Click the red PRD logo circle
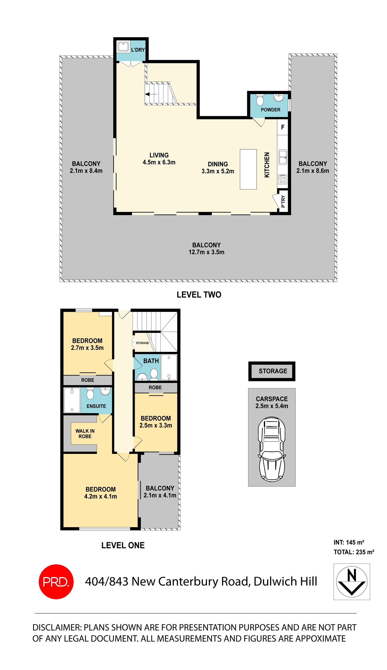coord(56,581)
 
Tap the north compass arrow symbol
coord(352,581)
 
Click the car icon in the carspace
coord(272,449)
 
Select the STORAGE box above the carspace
coord(272,371)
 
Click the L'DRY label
coord(138,50)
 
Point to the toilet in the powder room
coord(260,100)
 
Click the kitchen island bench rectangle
coord(248,169)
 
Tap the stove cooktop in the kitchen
coord(283,180)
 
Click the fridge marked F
coord(283,127)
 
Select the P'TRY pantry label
coord(283,201)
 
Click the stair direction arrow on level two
coord(151,94)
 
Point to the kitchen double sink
coord(283,157)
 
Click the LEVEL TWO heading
coord(199,294)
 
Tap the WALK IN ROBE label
coord(85,434)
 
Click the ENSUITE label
coord(96,406)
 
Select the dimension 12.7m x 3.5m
coord(206,252)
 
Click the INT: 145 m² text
coord(349,542)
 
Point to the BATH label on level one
coord(151,361)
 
